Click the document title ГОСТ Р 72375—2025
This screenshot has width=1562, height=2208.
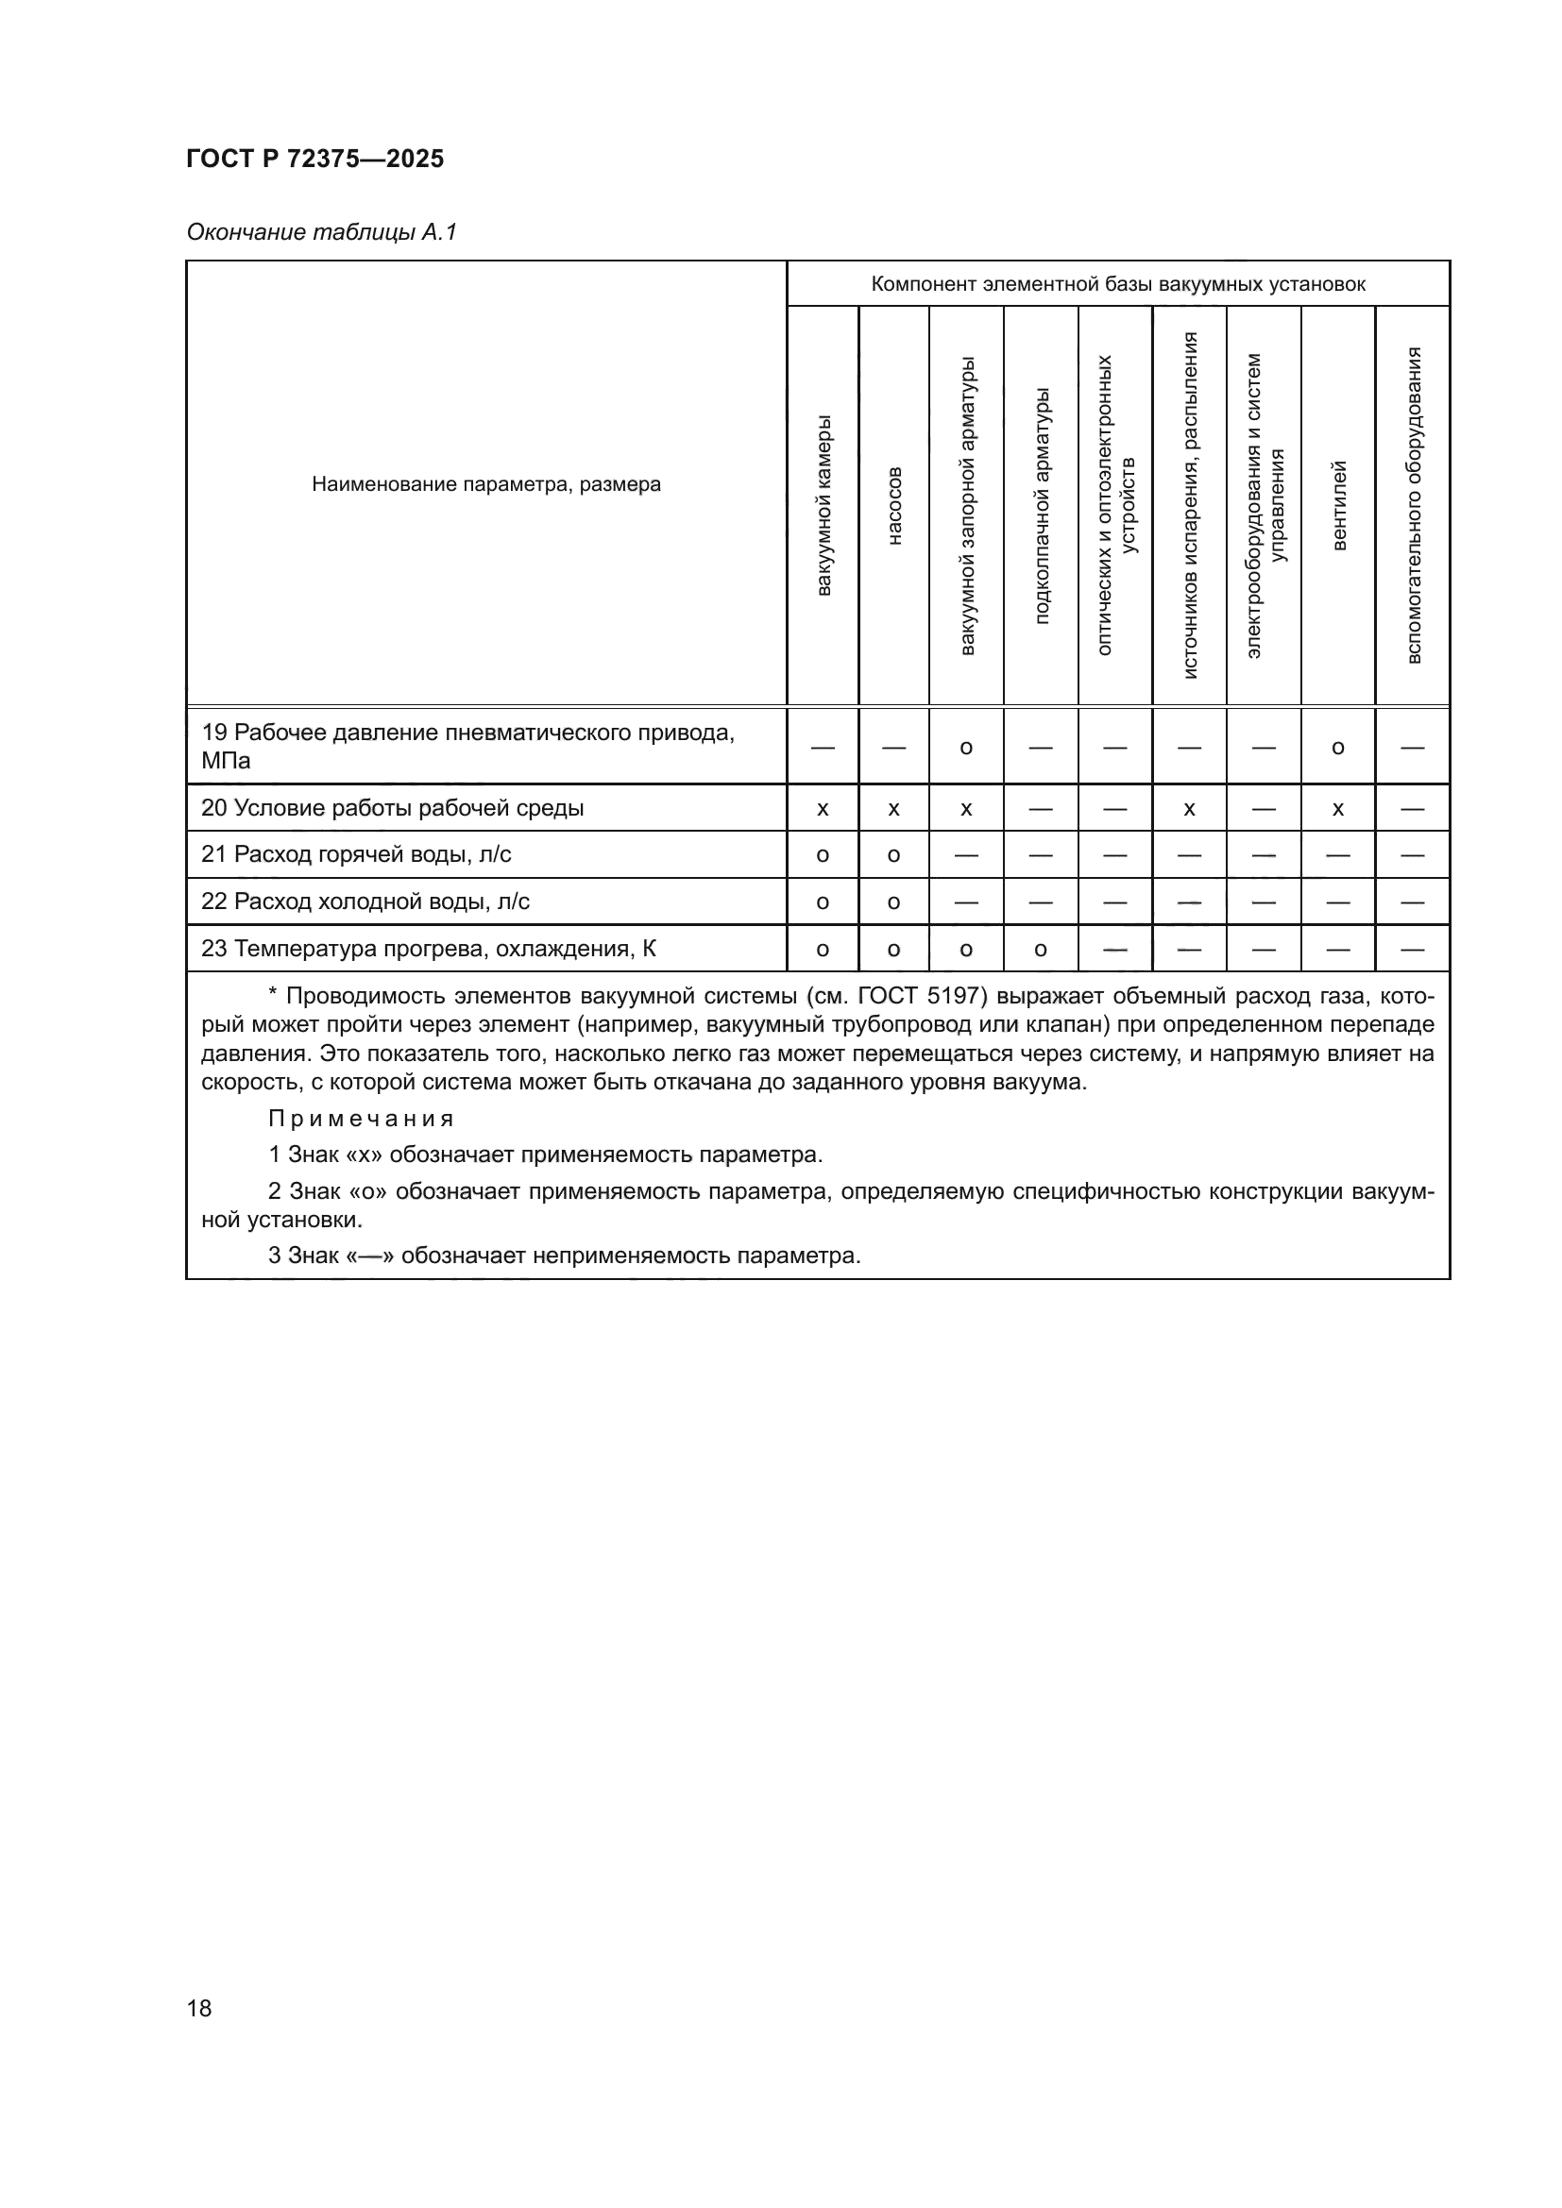click(314, 159)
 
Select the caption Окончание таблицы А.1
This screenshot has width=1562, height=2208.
click(321, 232)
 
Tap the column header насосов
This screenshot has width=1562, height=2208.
click(894, 506)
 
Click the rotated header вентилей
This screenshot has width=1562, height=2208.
click(1338, 506)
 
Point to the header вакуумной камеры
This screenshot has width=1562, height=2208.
click(823, 506)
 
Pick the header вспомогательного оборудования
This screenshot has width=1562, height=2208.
click(1413, 506)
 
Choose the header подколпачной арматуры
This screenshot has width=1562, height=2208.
click(1042, 506)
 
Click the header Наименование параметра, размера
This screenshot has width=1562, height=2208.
click(485, 484)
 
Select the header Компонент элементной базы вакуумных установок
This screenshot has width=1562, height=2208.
click(1117, 284)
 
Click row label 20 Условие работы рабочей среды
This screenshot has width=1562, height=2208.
click(393, 808)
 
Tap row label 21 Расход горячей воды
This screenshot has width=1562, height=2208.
click(356, 854)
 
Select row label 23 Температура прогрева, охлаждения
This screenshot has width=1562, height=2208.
click(428, 948)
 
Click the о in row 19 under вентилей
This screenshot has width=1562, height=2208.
click(1338, 749)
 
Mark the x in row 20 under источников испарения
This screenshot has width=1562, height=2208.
click(1189, 810)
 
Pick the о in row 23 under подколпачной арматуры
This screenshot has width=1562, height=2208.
click(1041, 951)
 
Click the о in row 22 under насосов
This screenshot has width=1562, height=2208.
click(893, 903)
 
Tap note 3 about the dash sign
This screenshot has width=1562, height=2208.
click(565, 1255)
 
